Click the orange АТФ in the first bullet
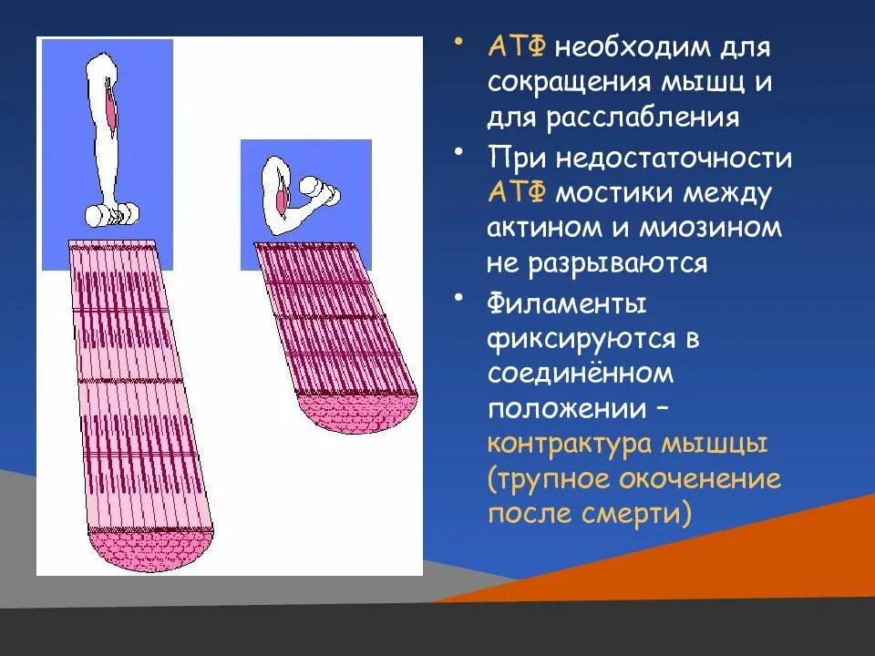coord(517,47)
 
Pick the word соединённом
coord(580,374)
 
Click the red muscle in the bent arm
coord(283,195)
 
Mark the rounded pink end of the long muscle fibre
coord(151,550)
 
